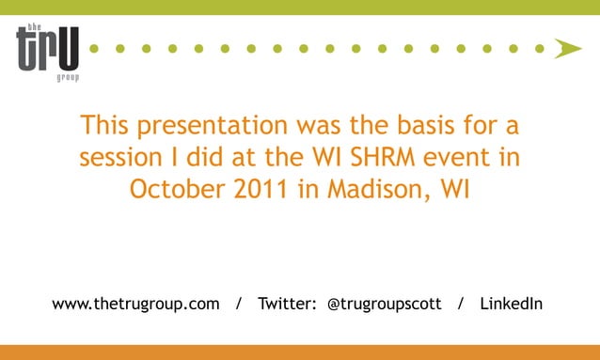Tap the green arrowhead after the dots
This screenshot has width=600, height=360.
pyautogui.click(x=567, y=48)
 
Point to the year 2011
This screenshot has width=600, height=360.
pyautogui.click(x=258, y=189)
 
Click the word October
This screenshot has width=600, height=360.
pyautogui.click(x=175, y=189)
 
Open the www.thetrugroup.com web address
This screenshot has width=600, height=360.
pyautogui.click(x=136, y=304)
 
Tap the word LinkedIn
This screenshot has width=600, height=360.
pyautogui.click(x=511, y=304)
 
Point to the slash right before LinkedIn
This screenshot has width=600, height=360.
pyautogui.click(x=460, y=304)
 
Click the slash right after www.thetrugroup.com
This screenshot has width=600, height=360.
pyautogui.click(x=239, y=304)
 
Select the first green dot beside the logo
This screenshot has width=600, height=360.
pyautogui.click(x=95, y=48)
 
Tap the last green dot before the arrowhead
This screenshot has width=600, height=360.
pyautogui.click(x=540, y=48)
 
